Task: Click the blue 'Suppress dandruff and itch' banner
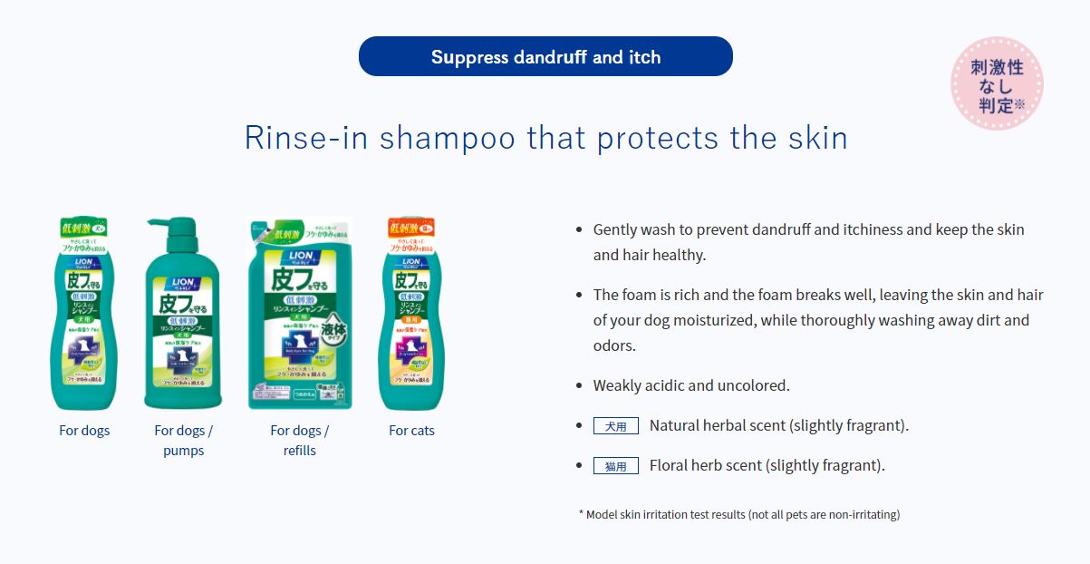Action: coord(545,56)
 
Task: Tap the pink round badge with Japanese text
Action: coord(997,83)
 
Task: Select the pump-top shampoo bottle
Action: coord(183,317)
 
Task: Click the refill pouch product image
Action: coord(300,313)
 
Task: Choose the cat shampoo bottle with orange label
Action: coord(411,317)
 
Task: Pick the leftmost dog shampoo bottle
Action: coord(83,317)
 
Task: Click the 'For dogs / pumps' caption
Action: coord(184,441)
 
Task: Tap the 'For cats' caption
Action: coord(411,431)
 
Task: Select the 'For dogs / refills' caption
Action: coord(300,441)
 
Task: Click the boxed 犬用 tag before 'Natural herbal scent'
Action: coord(616,425)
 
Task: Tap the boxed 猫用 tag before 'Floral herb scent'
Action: coord(616,465)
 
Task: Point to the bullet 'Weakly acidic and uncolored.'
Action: coord(691,385)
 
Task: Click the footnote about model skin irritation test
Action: coord(738,514)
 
